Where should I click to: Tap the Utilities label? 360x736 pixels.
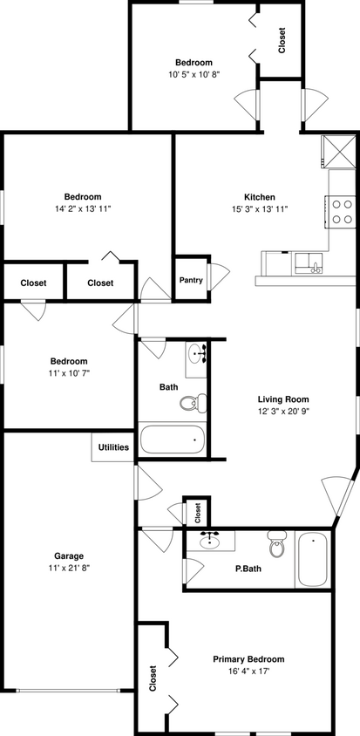coord(112,447)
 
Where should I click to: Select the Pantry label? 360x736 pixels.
coord(191,280)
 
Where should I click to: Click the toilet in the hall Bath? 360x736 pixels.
coord(194,402)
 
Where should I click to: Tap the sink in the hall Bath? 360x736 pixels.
coord(197,354)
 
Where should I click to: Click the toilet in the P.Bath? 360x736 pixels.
coord(277,545)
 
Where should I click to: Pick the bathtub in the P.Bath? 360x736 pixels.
coord(311,560)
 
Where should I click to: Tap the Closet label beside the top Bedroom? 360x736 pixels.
coord(282,40)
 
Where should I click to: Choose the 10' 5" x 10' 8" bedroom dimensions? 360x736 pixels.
coord(194,75)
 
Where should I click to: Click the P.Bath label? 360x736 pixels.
coord(249,569)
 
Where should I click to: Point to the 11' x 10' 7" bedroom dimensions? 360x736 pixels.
coord(68,373)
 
